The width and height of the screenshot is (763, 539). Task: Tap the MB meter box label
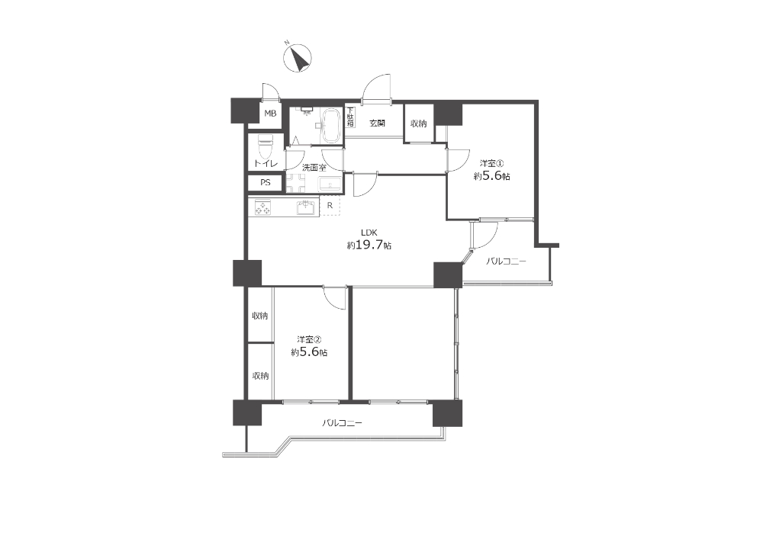[x=270, y=114]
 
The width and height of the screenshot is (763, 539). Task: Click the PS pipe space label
[x=266, y=183]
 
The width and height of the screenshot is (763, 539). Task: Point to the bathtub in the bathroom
[x=331, y=125]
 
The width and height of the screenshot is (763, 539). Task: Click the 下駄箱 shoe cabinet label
[x=350, y=117]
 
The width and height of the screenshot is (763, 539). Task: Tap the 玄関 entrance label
[x=377, y=124]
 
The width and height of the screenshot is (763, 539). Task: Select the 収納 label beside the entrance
[x=418, y=124]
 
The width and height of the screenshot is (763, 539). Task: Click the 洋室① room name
[x=491, y=163]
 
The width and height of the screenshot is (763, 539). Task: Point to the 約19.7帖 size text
[x=369, y=245]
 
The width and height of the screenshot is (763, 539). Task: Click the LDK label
[x=369, y=233]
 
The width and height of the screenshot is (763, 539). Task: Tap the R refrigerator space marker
[x=330, y=206]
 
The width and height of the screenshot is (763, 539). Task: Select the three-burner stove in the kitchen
[x=262, y=207]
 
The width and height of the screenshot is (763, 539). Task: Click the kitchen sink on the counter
[x=305, y=207]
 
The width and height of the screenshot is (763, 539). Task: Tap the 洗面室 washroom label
[x=314, y=168]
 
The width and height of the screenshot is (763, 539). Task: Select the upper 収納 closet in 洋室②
[x=260, y=316]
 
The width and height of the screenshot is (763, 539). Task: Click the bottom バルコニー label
[x=342, y=423]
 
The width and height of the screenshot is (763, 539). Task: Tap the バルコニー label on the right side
[x=506, y=261]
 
